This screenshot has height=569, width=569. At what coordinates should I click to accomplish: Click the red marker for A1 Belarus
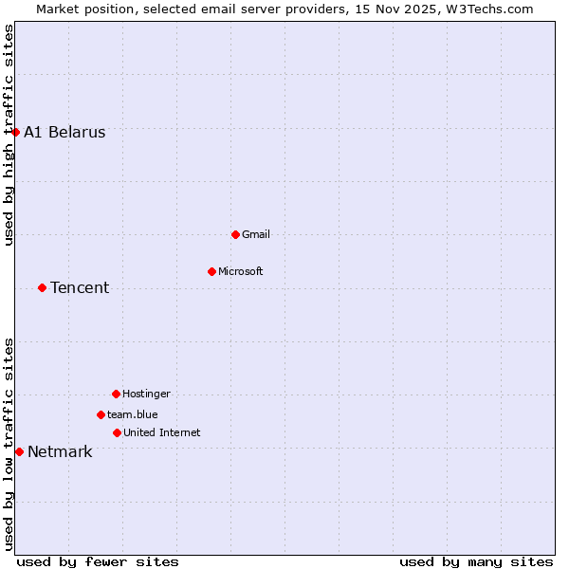tap(15, 132)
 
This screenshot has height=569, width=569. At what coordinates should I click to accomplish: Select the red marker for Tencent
tap(42, 287)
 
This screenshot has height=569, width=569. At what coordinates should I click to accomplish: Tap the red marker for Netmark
tap(19, 451)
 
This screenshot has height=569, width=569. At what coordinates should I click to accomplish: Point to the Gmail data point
tap(235, 234)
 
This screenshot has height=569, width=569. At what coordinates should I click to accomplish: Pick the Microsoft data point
tap(211, 271)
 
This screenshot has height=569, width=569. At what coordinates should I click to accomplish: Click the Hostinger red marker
tap(116, 394)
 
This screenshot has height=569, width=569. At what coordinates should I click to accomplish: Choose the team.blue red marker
tap(101, 414)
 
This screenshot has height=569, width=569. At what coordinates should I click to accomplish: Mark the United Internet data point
tap(117, 432)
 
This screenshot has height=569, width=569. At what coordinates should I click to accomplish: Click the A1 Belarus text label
tap(64, 133)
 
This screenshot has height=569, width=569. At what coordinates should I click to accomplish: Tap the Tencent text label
tap(80, 288)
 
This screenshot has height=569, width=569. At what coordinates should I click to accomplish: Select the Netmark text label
tap(60, 452)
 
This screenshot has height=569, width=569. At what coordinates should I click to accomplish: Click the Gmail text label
tap(256, 235)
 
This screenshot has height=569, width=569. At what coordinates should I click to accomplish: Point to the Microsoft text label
tap(241, 272)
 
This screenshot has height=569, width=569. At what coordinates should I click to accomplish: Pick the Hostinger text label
tap(147, 395)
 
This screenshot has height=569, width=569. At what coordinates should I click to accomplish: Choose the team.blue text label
tap(133, 415)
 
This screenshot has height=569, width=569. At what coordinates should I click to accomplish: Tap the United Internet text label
tap(162, 433)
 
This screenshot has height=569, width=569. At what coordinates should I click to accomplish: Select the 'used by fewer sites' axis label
tap(98, 562)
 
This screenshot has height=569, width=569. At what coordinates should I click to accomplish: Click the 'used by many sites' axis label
tap(476, 562)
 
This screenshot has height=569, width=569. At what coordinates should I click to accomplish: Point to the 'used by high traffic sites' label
tap(9, 135)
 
